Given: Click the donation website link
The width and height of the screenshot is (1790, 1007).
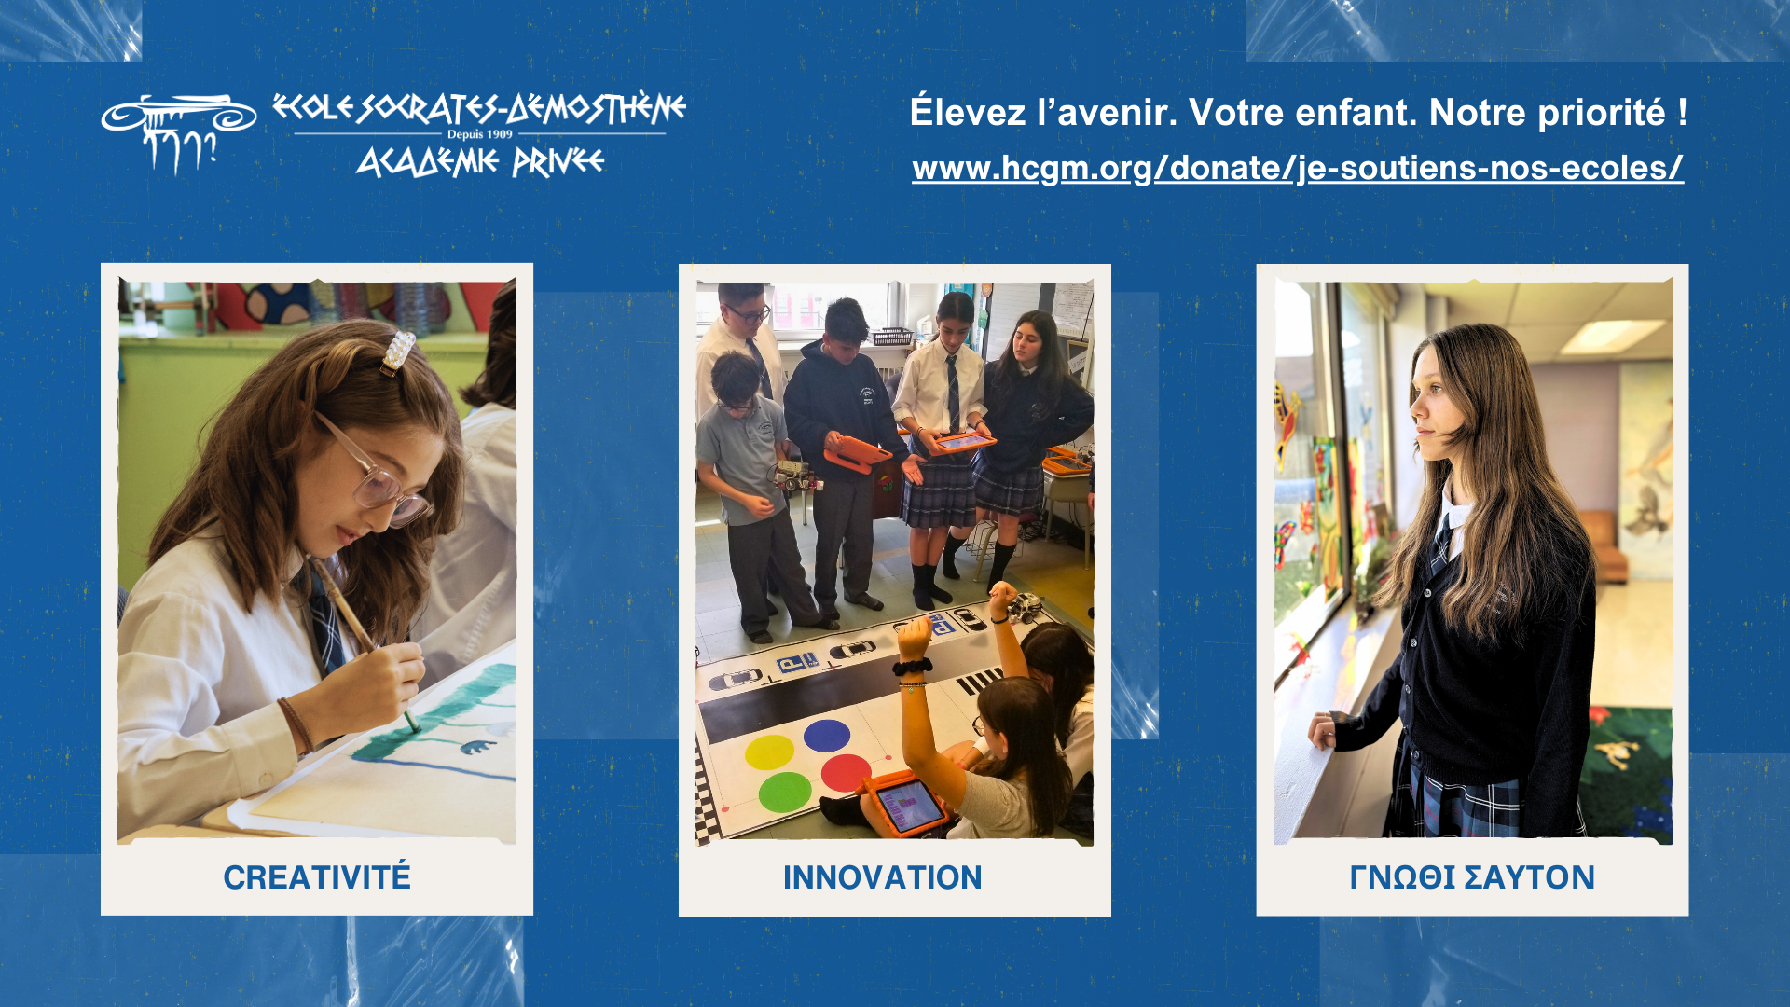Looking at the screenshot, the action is [1298, 168].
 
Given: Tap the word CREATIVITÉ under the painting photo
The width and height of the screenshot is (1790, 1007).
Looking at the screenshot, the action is [317, 877].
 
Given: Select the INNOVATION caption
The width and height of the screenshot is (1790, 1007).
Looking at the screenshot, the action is [882, 877].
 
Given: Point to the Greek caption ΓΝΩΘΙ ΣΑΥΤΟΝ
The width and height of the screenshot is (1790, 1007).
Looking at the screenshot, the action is [1472, 877].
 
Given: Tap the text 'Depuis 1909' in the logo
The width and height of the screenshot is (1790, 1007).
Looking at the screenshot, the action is [480, 134].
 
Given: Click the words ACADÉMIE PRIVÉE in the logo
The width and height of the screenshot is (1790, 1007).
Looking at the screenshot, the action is [480, 162].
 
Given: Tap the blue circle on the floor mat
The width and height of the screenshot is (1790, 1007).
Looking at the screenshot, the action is [827, 735].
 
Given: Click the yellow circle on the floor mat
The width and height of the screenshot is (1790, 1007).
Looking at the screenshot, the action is [769, 752].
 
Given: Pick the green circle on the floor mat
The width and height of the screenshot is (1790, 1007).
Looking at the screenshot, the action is [785, 793].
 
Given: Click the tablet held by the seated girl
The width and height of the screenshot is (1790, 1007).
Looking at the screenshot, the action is [904, 804].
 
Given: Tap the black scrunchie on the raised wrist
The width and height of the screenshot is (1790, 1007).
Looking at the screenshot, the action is [912, 667].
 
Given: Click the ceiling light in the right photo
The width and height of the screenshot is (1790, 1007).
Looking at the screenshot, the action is [1611, 337].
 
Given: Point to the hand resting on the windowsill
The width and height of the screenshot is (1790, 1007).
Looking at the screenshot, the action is [1322, 729].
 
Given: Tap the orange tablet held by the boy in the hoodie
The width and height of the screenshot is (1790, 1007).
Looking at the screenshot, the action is [857, 454].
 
